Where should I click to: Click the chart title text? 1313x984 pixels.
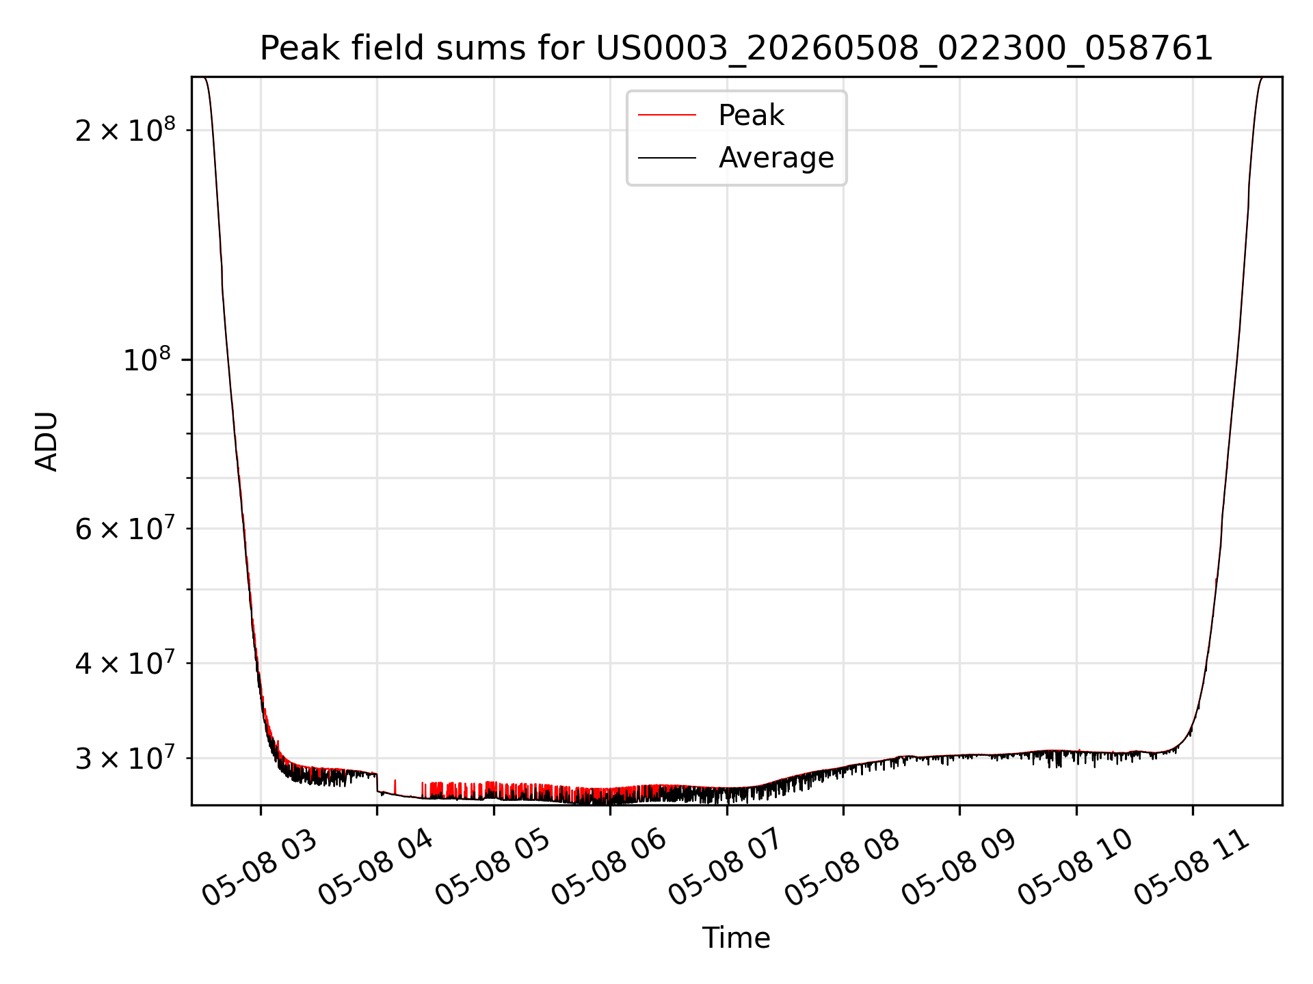[737, 49]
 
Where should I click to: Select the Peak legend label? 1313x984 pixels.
[751, 115]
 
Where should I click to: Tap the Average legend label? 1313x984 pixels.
[776, 158]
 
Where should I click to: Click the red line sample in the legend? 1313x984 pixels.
[667, 115]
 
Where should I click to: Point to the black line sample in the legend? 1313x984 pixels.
[667, 158]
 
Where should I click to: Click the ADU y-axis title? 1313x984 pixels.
[47, 441]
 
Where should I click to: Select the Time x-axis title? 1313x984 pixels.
[737, 938]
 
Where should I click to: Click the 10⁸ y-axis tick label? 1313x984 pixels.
[147, 359]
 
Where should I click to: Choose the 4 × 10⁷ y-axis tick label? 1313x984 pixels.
[125, 662]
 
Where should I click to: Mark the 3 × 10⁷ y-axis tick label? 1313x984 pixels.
[125, 757]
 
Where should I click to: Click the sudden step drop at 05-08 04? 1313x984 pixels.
[377, 783]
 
